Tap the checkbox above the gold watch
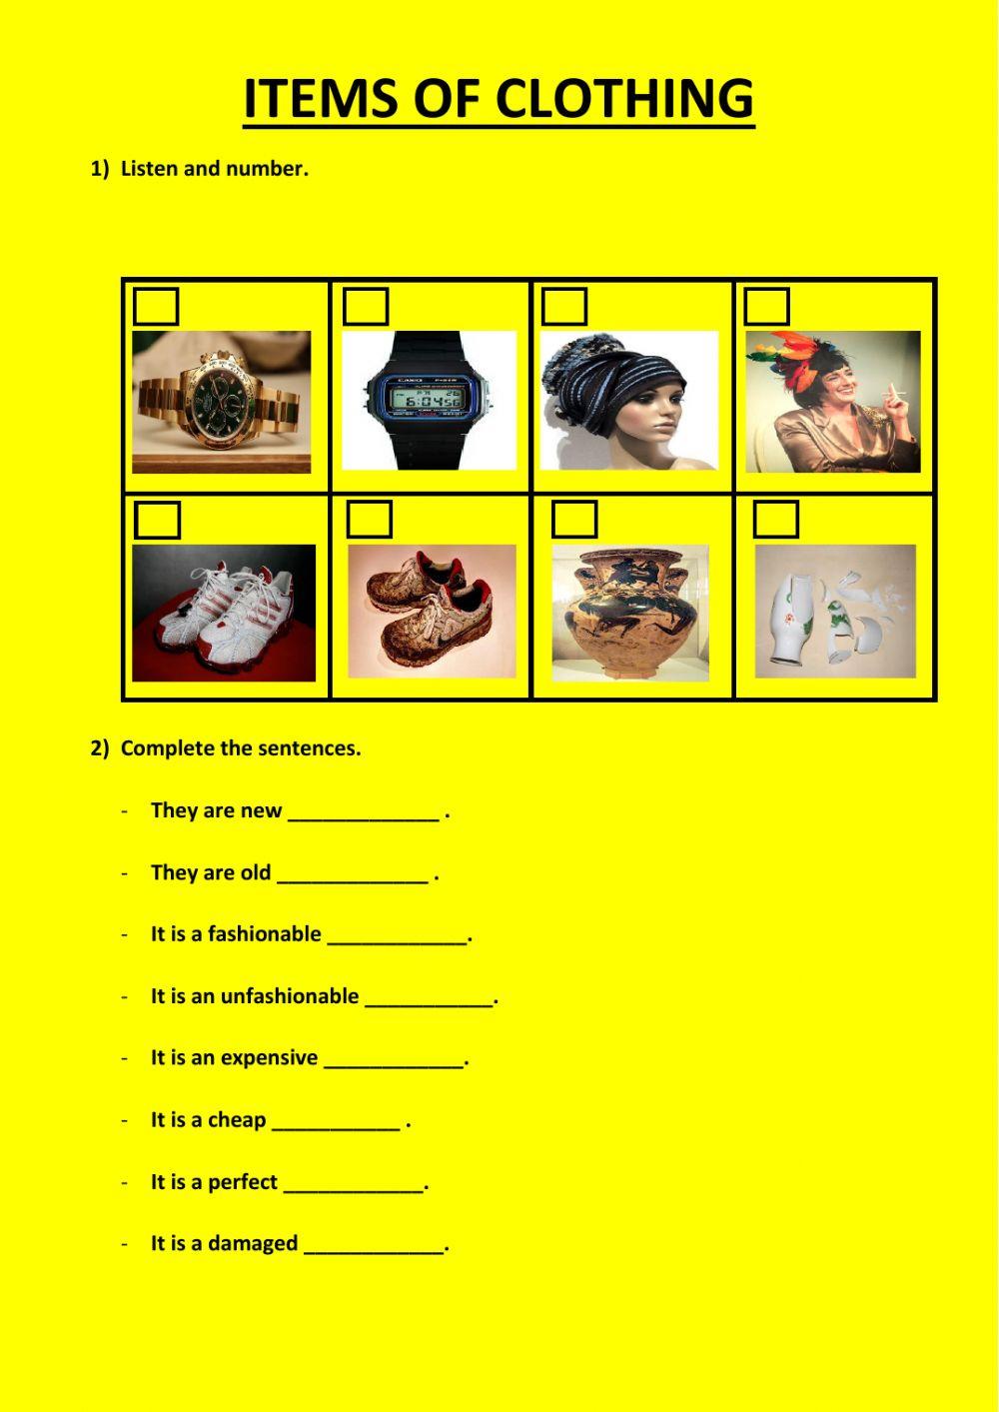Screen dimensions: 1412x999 pyautogui.click(x=156, y=307)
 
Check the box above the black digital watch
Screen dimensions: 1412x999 pyautogui.click(x=366, y=307)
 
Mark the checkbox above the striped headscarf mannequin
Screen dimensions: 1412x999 pyautogui.click(x=564, y=307)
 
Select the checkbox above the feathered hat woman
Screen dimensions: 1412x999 pyautogui.click(x=767, y=307)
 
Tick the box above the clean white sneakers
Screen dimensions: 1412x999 pyautogui.click(x=158, y=521)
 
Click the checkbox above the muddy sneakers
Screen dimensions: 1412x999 pyautogui.click(x=370, y=520)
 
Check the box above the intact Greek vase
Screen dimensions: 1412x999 pyautogui.click(x=574, y=520)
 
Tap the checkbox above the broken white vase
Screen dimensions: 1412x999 pyautogui.click(x=776, y=520)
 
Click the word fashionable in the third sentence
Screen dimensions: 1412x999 pyautogui.click(x=265, y=934)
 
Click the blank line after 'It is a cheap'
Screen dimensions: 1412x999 pyautogui.click(x=336, y=1122)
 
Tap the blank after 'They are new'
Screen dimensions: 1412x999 pyautogui.click(x=364, y=813)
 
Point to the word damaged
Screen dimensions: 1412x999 pyautogui.click(x=254, y=1244)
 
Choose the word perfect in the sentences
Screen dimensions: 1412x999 pyautogui.click(x=243, y=1182)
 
